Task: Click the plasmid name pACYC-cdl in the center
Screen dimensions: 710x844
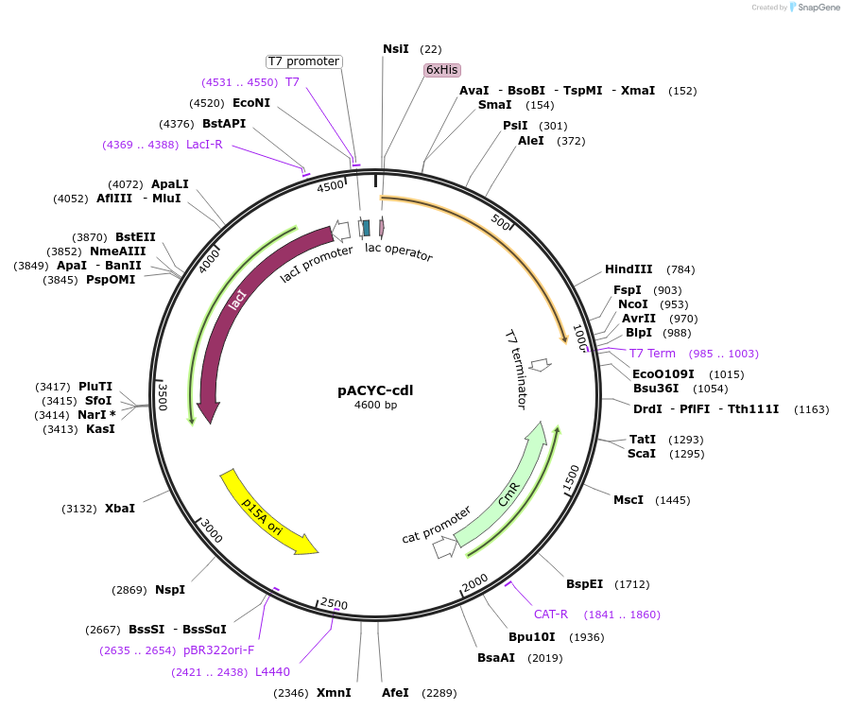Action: (375, 390)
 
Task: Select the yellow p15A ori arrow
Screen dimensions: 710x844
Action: (267, 511)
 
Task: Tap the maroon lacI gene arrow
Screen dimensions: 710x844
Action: (236, 303)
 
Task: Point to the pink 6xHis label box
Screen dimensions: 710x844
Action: (441, 70)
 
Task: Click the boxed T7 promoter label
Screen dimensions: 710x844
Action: (303, 61)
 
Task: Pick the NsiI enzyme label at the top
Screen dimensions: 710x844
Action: (396, 48)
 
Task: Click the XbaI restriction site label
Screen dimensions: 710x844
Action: (120, 508)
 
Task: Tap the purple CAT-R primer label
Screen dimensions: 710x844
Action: (551, 614)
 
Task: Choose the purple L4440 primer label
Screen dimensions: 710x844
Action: (273, 671)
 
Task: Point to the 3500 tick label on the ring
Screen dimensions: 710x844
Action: (163, 397)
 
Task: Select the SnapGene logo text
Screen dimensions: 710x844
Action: (818, 7)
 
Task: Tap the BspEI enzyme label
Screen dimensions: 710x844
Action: (584, 583)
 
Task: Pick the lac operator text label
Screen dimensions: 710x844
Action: (399, 251)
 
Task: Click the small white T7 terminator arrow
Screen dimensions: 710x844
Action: (541, 364)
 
